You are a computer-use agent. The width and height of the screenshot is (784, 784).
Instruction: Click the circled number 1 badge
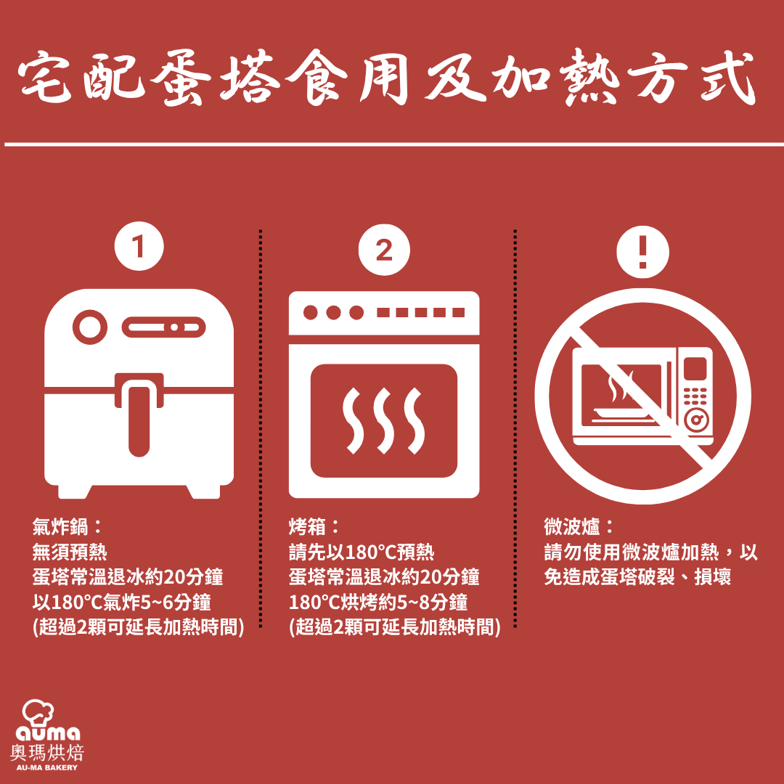click(139, 246)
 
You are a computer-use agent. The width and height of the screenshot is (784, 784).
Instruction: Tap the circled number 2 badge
click(384, 250)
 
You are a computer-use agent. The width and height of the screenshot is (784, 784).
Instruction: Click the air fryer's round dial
click(90, 327)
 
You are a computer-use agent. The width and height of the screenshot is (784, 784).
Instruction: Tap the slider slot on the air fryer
click(163, 327)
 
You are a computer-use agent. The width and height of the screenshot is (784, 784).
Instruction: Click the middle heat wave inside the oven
click(384, 420)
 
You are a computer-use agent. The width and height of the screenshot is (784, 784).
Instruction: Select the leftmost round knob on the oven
click(311, 312)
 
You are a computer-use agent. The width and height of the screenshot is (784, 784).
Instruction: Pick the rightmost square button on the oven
click(459, 312)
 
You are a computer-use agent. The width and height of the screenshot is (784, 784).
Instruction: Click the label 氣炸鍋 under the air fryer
click(60, 526)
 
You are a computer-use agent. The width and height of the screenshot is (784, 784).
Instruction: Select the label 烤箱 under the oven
click(307, 526)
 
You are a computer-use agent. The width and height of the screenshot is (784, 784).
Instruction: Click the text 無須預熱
click(70, 552)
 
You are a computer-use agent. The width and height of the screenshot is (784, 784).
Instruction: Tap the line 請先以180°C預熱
click(362, 552)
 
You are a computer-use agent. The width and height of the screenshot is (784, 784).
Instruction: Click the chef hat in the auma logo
click(38, 713)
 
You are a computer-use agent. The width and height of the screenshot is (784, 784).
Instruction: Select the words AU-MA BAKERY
click(47, 767)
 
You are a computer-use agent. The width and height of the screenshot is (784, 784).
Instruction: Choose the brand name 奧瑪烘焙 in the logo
click(47, 753)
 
